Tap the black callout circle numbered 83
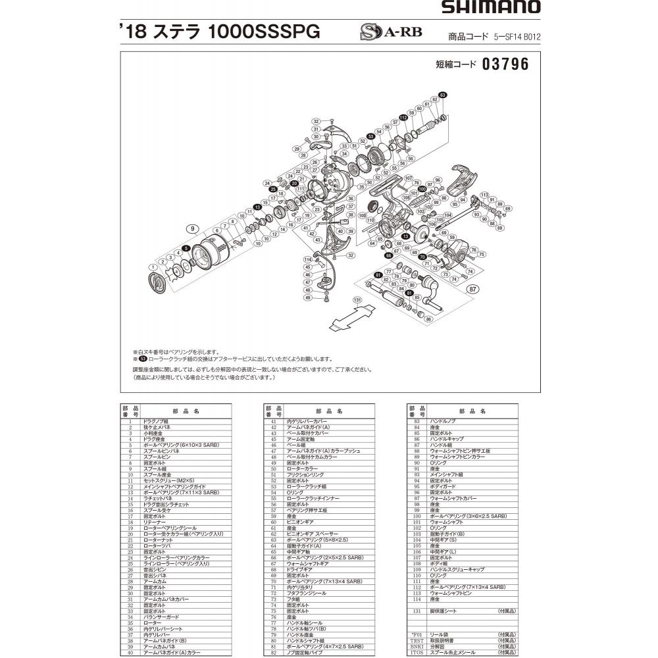click(443, 95)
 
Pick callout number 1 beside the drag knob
click(152, 266)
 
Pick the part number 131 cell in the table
click(415, 611)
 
